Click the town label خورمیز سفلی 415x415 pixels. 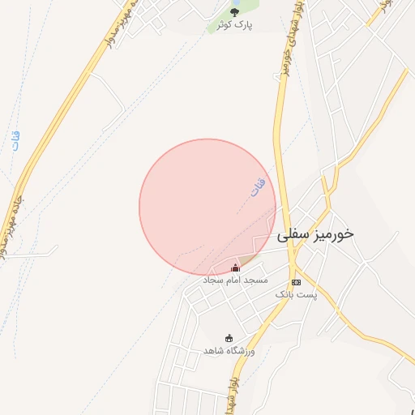point(316,234)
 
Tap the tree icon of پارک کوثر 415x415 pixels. point(235,12)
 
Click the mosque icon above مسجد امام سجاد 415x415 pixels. point(236,267)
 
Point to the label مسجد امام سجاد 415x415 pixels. point(235,280)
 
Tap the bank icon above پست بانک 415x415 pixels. point(296,281)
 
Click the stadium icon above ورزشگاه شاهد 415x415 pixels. point(229,338)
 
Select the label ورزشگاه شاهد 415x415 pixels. point(229,350)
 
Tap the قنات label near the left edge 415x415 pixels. point(15,139)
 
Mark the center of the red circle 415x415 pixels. point(207,207)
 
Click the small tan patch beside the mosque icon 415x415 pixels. point(248,259)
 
